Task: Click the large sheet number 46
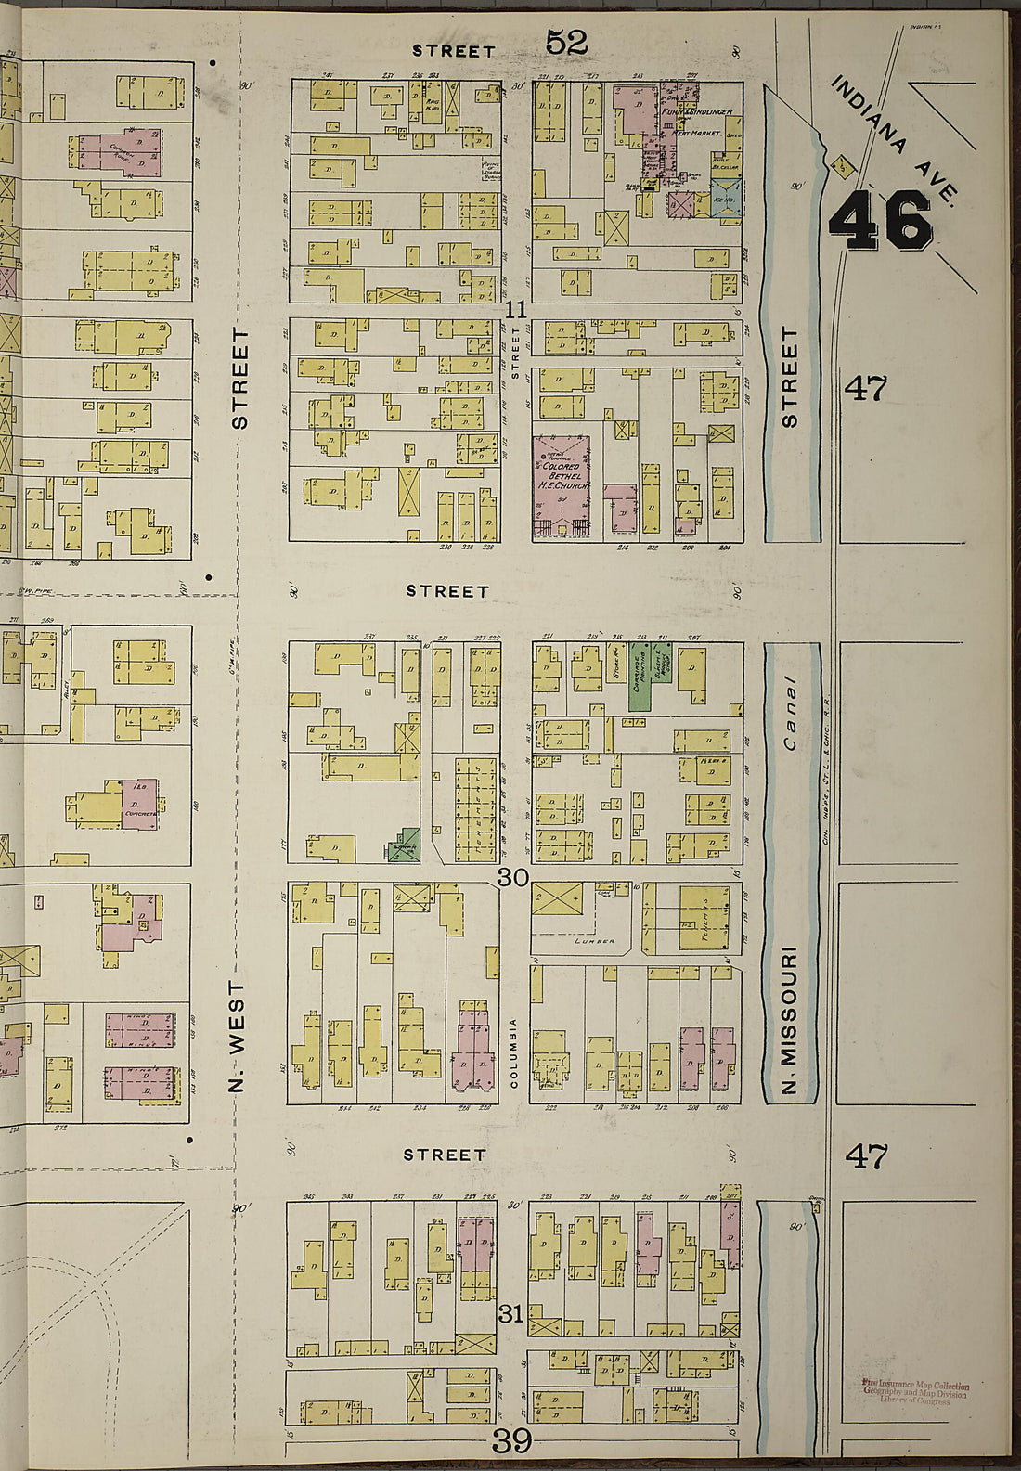pos(880,221)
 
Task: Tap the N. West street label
pos(238,1035)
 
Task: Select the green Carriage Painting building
pos(639,676)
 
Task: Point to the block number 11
pos(517,311)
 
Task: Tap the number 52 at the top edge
pos(566,41)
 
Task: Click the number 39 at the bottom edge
pos(511,1441)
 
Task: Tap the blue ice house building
pos(724,199)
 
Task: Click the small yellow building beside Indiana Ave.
pos(843,167)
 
